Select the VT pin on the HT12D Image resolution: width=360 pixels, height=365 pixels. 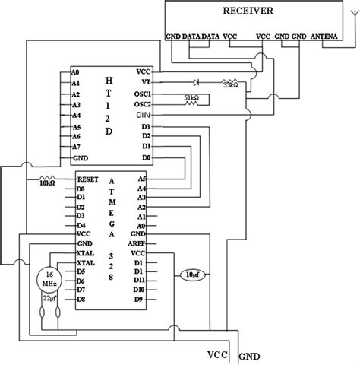tap(146, 82)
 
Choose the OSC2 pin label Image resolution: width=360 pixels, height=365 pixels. tap(143, 103)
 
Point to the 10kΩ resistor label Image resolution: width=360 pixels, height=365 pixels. tap(46, 182)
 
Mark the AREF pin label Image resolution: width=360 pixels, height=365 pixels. tap(137, 243)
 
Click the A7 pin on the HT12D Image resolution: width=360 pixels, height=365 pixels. tap(75, 146)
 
